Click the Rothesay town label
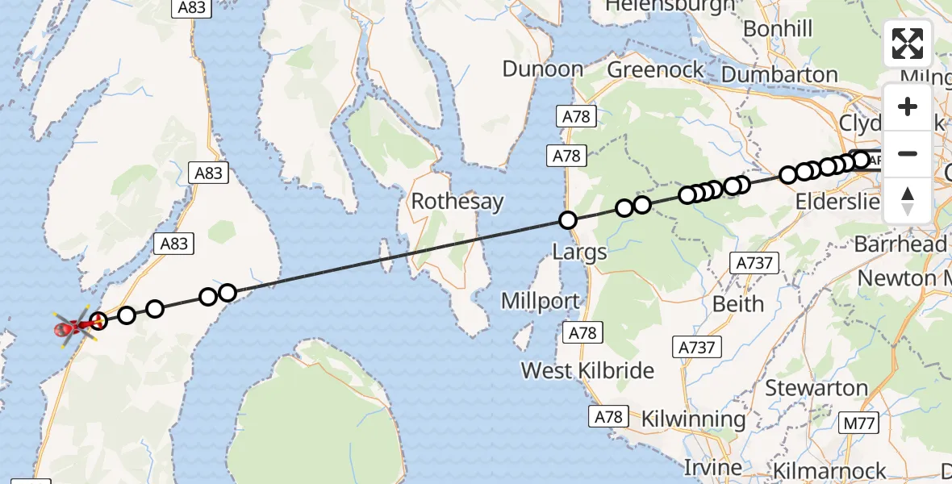(x=457, y=201)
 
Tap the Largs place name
(x=579, y=252)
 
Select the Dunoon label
(x=542, y=69)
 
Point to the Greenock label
(x=656, y=69)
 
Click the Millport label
(x=540, y=302)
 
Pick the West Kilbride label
(x=587, y=370)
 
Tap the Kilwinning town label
(x=693, y=419)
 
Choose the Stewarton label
(x=816, y=388)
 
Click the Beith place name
(x=738, y=304)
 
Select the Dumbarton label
(x=780, y=75)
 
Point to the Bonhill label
(x=778, y=29)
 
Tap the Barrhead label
(x=900, y=244)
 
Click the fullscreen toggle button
(x=908, y=44)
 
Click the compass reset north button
(x=908, y=200)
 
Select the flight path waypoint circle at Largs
(x=568, y=220)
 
